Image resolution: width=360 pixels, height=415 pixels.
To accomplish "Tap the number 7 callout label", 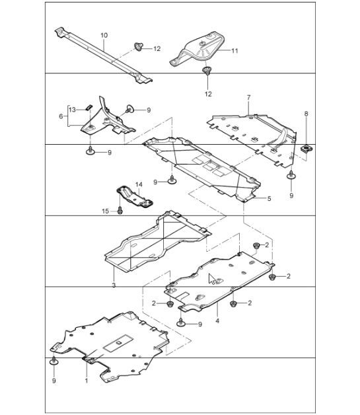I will pos(248,98).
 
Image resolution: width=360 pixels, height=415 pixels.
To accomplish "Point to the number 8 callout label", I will pos(306,114).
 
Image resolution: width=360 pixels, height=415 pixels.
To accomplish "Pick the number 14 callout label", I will pos(139,184).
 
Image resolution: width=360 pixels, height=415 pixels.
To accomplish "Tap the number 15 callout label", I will pos(104,211).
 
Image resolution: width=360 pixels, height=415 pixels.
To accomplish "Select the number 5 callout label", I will pos(269,198).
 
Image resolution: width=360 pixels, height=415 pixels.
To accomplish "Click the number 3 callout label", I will pos(114,285).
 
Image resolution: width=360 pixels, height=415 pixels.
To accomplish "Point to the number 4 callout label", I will pos(217,321).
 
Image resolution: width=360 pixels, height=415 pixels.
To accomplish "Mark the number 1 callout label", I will pos(86,381).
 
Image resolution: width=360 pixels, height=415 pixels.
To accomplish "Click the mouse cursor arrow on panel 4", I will pos(212,279).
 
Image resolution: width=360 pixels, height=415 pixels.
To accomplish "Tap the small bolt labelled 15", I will pos(120,211).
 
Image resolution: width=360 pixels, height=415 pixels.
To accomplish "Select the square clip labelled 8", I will pos(306,149).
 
